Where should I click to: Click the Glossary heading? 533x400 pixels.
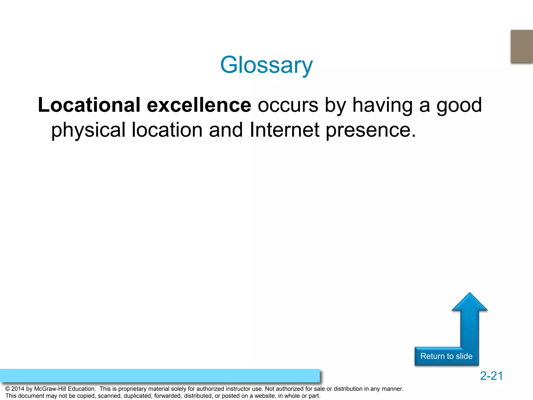pyautogui.click(x=266, y=65)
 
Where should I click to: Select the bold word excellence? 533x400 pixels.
pyautogui.click(x=199, y=105)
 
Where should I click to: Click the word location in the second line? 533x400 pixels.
pyautogui.click(x=167, y=130)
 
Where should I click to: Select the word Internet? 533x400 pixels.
pyautogui.click(x=284, y=130)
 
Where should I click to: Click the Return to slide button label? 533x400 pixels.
pyautogui.click(x=446, y=356)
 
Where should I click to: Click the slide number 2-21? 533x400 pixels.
pyautogui.click(x=491, y=376)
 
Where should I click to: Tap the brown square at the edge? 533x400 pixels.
pyautogui.click(x=522, y=46)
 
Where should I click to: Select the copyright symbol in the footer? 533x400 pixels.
pyautogui.click(x=8, y=389)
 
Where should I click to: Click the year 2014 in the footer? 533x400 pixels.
pyautogui.click(x=18, y=389)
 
